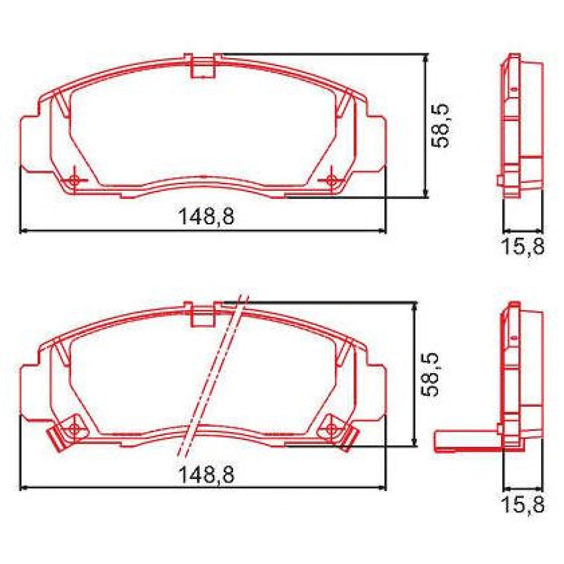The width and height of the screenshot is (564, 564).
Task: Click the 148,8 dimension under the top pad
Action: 206,217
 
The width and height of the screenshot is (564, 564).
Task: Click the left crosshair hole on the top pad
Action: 74,180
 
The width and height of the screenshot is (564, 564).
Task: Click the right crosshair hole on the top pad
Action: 331,180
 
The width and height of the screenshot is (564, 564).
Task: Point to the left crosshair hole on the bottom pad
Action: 74,427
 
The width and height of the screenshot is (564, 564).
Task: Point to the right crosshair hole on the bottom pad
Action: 332,428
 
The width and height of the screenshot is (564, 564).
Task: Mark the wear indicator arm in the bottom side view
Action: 465,442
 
